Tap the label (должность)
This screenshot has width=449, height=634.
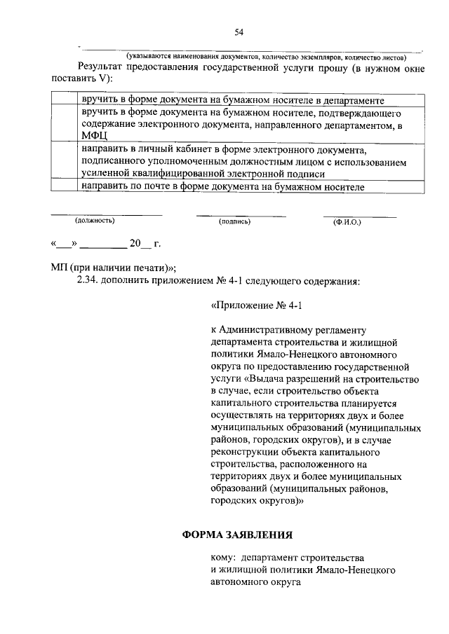(x=95, y=220)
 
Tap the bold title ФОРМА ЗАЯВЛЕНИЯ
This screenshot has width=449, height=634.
(x=238, y=535)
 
